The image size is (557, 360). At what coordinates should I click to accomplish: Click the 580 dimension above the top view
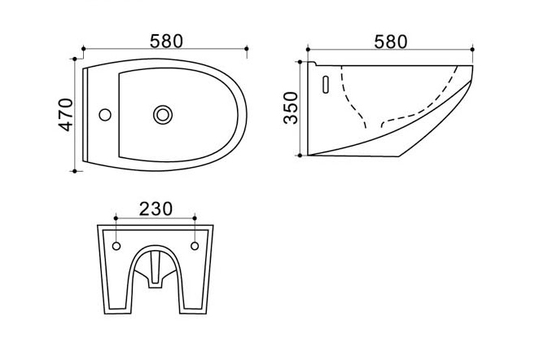(x=166, y=42)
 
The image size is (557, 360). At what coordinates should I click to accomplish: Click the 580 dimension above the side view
(x=391, y=42)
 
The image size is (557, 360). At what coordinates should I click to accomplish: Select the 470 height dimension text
(x=66, y=115)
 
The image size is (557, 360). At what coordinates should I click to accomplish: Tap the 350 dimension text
(x=291, y=108)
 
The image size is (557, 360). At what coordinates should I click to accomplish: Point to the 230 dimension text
(x=156, y=209)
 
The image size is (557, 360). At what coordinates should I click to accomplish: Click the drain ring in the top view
(x=163, y=115)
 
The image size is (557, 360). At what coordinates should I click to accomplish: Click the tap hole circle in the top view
(x=105, y=115)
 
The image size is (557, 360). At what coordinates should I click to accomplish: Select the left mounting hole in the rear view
(x=116, y=246)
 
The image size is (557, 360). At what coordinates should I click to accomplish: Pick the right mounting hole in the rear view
(x=195, y=246)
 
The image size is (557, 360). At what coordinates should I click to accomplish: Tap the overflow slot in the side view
(x=326, y=85)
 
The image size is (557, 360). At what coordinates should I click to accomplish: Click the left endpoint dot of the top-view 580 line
(x=84, y=48)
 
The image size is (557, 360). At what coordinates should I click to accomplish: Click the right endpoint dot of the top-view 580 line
(x=247, y=48)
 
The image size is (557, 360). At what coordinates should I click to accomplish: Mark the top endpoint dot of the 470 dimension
(x=75, y=59)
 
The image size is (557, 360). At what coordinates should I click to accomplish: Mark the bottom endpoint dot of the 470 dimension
(x=75, y=171)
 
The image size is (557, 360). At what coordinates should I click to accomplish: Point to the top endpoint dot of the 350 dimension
(x=300, y=62)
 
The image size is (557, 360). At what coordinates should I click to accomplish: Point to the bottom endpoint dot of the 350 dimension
(x=300, y=156)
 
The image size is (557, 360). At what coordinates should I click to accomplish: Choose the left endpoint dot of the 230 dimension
(x=116, y=218)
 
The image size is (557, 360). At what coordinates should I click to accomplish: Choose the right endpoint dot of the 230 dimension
(x=195, y=218)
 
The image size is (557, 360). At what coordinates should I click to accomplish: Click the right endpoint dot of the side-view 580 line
(x=472, y=50)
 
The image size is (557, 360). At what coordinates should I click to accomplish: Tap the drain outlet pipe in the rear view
(x=155, y=270)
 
